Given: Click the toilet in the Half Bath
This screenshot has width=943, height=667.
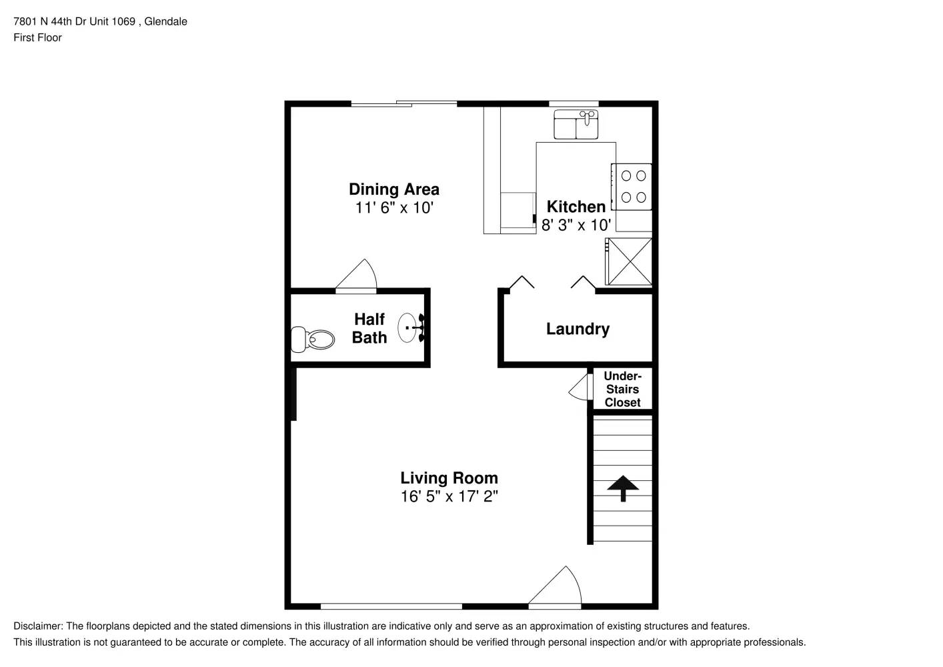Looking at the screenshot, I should pos(312,340).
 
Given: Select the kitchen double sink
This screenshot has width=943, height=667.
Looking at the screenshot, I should pos(576,125).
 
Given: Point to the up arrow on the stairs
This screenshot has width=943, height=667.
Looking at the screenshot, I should pos(623,488).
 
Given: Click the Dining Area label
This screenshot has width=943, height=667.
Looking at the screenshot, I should pos(393,189).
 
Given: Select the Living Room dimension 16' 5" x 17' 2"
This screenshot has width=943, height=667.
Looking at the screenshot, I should pos(449,496).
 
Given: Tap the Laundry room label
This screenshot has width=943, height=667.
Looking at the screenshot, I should pos(578,329).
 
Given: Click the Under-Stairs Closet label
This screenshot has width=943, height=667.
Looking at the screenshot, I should pos(622,390).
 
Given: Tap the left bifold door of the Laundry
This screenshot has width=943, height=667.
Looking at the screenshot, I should pos(522,282).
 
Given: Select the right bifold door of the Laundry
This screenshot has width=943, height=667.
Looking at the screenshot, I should pos(584,282).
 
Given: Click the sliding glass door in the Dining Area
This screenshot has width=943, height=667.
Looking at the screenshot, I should pos(404,103).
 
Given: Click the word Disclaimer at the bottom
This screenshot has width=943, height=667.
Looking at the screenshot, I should pos(37,626).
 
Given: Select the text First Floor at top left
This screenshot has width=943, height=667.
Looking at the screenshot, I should pos(37,37).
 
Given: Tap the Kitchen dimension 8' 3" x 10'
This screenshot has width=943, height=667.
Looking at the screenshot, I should pos(576,225).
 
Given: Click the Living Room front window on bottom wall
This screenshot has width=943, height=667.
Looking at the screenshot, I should pos(391,606).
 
